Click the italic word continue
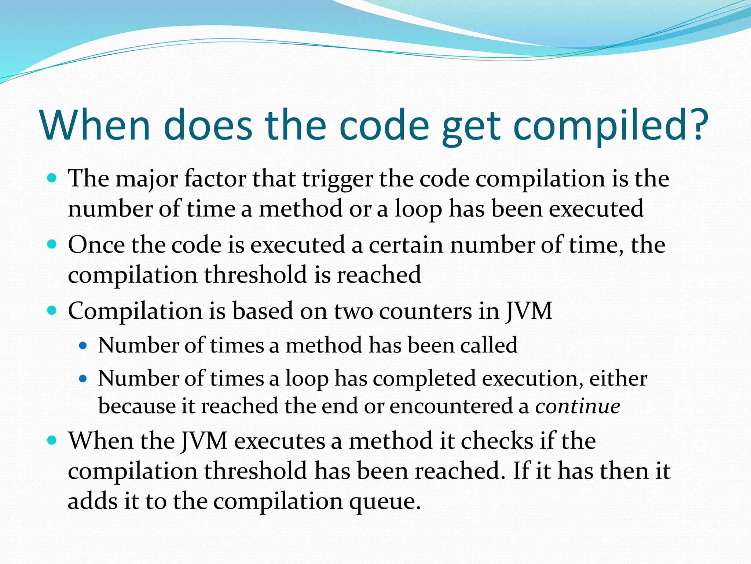[578, 406]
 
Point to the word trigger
[337, 180]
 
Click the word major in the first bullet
[149, 180]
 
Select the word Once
[96, 245]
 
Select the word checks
[497, 441]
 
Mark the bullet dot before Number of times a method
[83, 346]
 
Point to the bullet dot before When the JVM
[52, 440]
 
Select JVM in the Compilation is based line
[529, 311]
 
